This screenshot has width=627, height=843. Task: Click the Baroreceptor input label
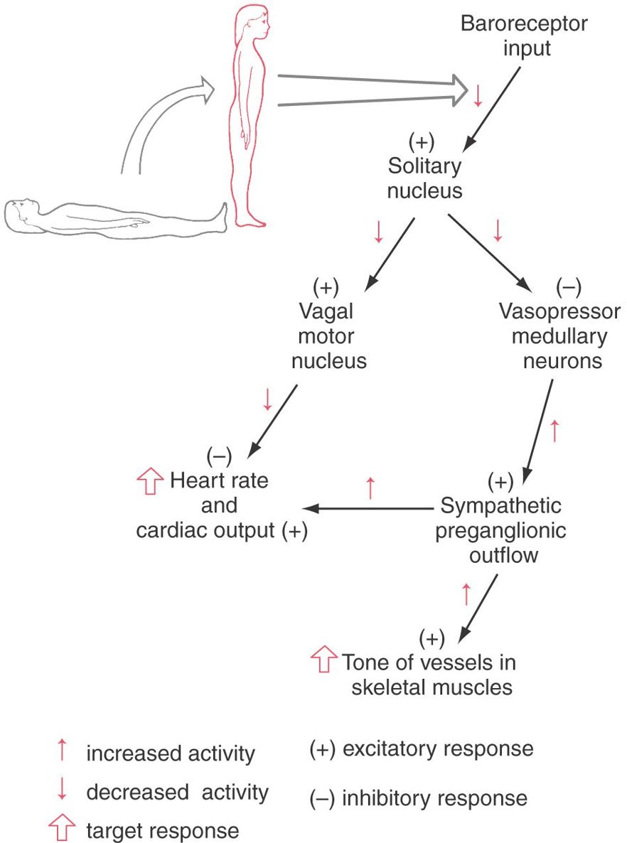524,36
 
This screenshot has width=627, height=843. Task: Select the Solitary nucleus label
424,178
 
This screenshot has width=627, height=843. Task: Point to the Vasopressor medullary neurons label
559,337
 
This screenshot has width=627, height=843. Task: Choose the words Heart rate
219,481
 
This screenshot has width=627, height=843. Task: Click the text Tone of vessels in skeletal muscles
429,675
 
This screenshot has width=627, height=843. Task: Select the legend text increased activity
170,753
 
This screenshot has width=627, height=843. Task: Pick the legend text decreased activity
177,792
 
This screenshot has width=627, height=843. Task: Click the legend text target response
163,829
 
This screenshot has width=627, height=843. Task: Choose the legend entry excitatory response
421,749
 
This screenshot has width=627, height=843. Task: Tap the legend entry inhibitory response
419,798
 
